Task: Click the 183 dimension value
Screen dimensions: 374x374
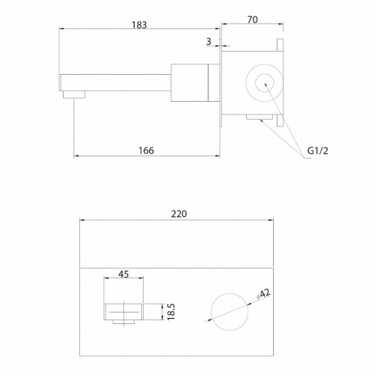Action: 139,25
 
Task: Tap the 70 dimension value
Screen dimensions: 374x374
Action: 253,19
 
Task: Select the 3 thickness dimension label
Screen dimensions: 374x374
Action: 209,41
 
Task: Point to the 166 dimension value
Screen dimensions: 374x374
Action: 147,150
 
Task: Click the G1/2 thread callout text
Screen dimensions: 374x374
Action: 318,150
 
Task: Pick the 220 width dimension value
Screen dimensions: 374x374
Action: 179,214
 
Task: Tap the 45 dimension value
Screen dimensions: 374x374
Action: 123,275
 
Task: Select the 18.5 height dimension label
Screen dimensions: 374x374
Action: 171,312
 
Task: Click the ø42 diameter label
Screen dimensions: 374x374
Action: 263,294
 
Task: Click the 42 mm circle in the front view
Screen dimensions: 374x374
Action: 230,293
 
